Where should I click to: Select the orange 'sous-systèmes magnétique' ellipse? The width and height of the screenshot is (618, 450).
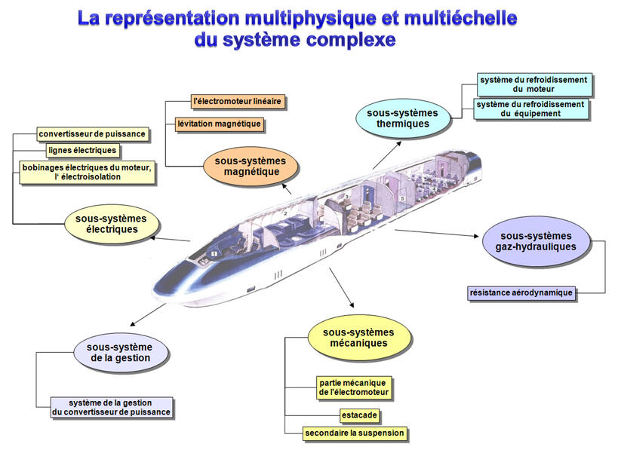pos(251,167)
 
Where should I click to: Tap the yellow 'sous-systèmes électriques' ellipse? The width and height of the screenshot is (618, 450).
pos(112,224)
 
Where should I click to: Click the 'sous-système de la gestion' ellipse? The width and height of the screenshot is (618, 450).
pos(121,352)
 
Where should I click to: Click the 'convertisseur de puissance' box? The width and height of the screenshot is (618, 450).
pos(92,135)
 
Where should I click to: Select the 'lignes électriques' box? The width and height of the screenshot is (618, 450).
pos(82,151)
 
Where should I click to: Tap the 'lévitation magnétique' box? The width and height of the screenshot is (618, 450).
pos(219,124)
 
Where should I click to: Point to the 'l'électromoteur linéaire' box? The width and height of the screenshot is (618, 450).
pos(238,100)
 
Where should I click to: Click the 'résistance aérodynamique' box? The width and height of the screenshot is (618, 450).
pos(521,292)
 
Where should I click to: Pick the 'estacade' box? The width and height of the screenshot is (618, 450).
pos(358,415)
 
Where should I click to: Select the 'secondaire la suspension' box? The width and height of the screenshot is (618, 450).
pos(354,433)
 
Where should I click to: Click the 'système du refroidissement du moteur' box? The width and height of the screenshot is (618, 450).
pos(533,84)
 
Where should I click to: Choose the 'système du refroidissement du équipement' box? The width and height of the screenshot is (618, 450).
pos(530,109)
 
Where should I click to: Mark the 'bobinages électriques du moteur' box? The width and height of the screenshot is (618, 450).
pos(87,172)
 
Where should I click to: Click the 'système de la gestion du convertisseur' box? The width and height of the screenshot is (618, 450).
pos(111,407)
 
